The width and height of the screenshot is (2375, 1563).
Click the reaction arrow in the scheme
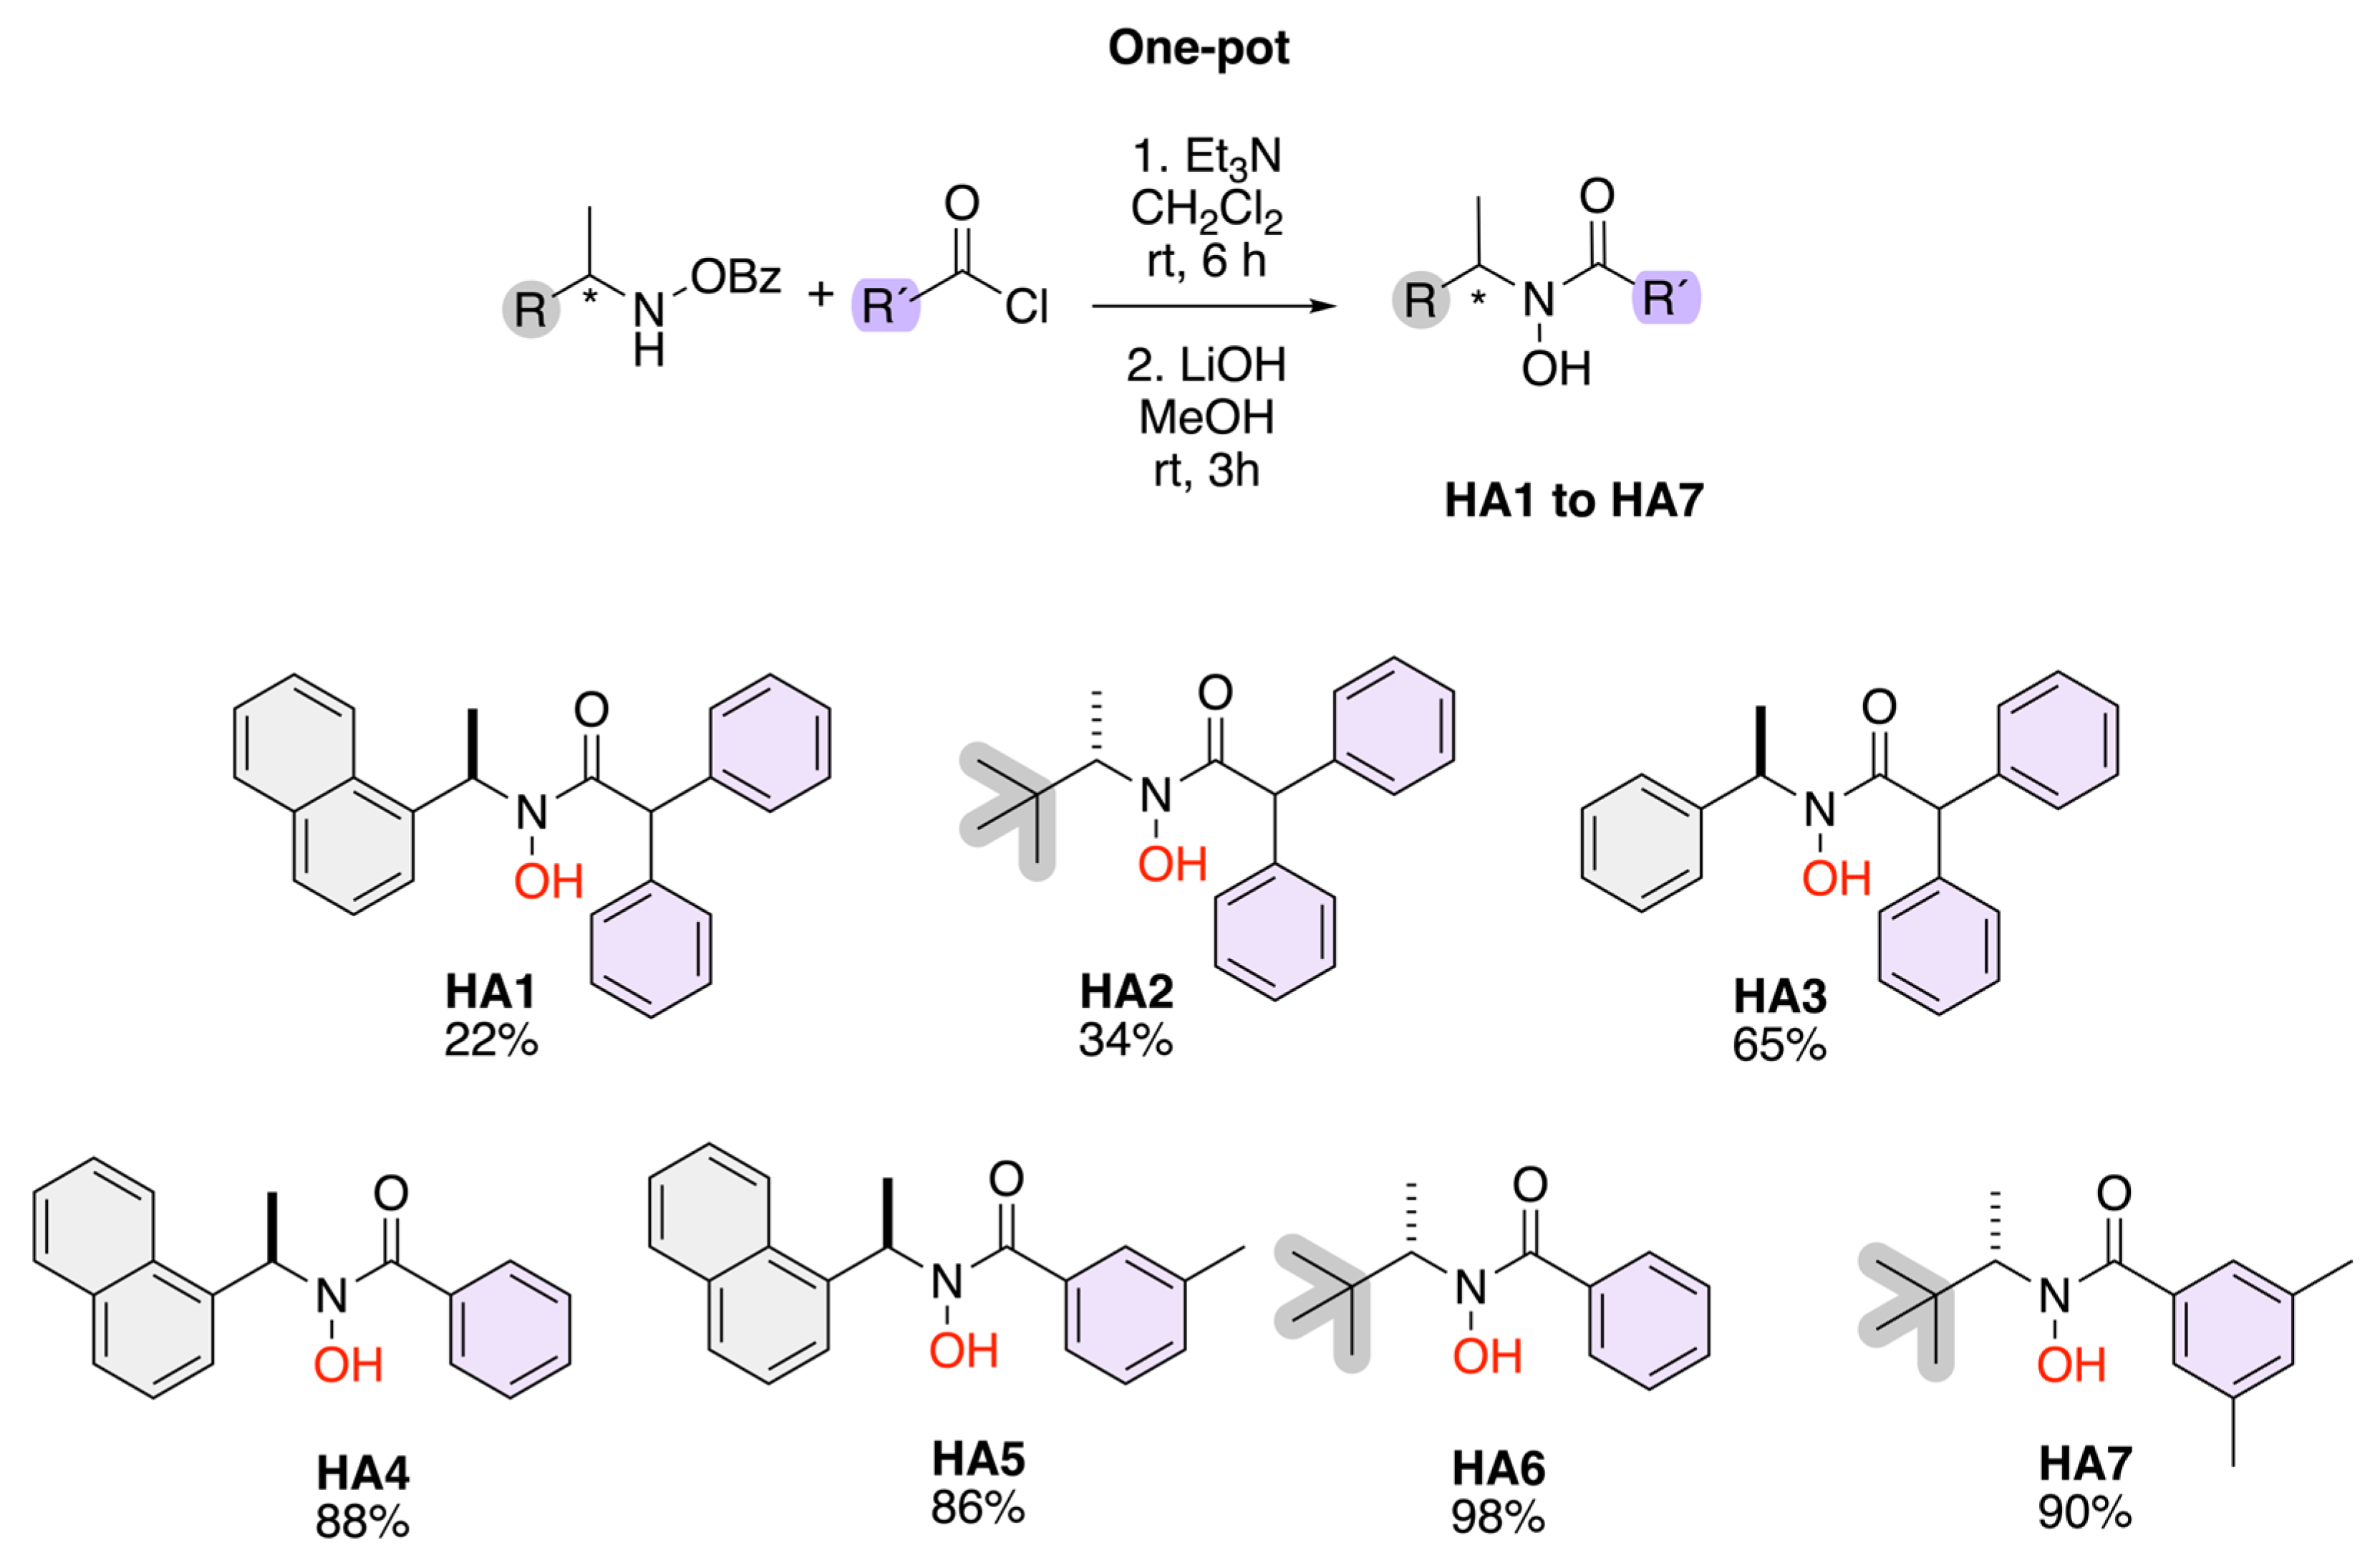(1212, 307)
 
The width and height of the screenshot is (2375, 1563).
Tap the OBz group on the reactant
(735, 276)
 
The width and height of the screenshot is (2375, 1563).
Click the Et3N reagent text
(1206, 157)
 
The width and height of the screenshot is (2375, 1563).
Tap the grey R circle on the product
(1420, 299)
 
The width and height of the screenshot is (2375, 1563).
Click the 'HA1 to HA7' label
(1574, 500)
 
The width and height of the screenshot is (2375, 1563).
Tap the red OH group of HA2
(1173, 865)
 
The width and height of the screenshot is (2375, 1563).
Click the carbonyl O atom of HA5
(1006, 1180)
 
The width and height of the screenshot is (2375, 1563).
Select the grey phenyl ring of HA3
(1642, 842)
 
